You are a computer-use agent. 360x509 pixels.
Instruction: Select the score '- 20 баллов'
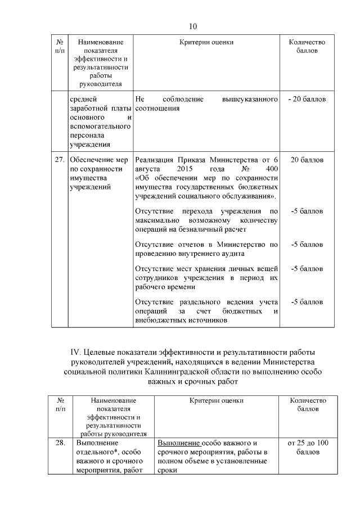[307, 100]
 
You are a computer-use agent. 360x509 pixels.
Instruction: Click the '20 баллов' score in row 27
[307, 160]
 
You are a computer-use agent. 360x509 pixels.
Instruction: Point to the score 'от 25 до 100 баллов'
[308, 447]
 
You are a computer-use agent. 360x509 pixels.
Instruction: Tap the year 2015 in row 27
[185, 169]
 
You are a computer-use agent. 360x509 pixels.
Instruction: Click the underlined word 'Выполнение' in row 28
[178, 443]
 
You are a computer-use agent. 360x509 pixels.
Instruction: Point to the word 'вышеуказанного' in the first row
[251, 100]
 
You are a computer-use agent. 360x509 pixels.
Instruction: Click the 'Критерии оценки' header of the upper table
[206, 42]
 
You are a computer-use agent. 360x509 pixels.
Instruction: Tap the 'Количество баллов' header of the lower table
[308, 404]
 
